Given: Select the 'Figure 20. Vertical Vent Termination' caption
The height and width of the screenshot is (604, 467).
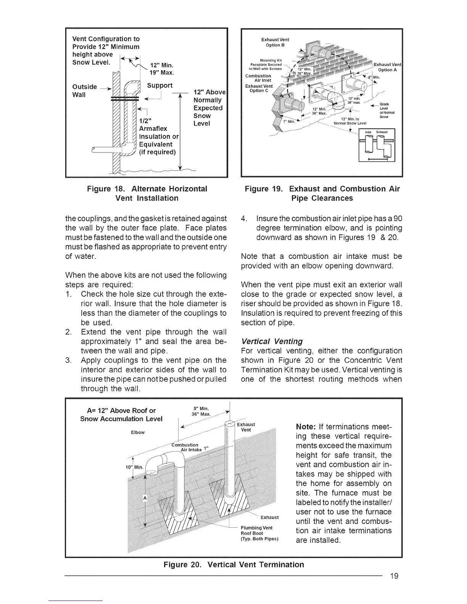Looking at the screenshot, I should [x=233, y=565].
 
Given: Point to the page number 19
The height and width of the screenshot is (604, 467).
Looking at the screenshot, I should [x=394, y=576].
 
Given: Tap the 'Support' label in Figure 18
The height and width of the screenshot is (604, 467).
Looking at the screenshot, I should [x=160, y=85].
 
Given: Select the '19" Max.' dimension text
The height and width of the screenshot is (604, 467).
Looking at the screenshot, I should [x=162, y=72].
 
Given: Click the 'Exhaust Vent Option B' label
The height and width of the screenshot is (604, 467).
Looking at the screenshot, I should [x=275, y=42].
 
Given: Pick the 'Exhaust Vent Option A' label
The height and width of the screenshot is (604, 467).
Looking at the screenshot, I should [x=387, y=67].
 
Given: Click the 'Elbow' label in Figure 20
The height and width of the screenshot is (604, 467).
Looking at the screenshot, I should [x=138, y=432].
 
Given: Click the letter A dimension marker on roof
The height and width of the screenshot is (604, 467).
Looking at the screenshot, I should [x=145, y=498].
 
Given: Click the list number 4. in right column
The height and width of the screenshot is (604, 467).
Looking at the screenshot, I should [x=245, y=219].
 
